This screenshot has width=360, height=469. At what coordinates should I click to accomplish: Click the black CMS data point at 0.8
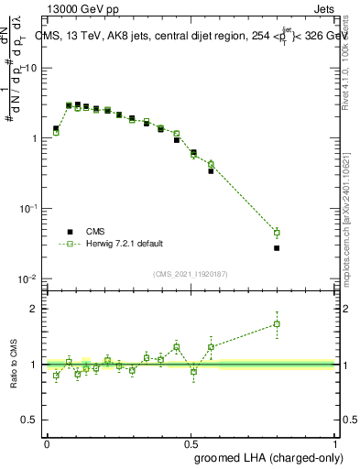[x=277, y=248]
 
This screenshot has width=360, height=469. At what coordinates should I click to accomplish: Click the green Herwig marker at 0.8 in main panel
[x=277, y=233]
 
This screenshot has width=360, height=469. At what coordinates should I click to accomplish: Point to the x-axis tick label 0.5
[x=190, y=442]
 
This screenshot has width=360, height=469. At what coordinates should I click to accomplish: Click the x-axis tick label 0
[x=47, y=442]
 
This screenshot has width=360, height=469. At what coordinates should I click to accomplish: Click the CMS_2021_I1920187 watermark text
[x=191, y=272]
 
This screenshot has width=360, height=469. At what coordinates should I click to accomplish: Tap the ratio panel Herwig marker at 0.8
[x=277, y=324]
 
